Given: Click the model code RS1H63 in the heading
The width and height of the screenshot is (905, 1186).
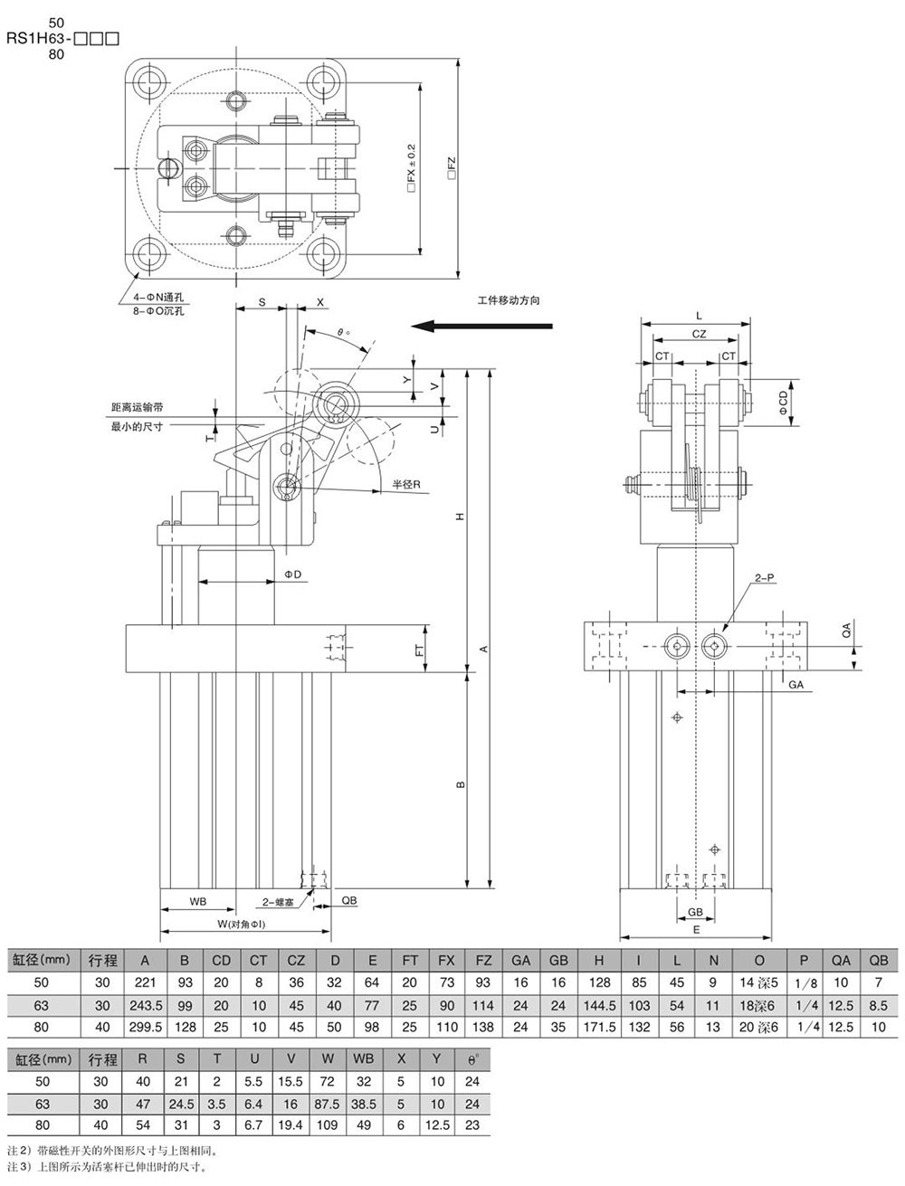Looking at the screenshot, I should pos(45,39).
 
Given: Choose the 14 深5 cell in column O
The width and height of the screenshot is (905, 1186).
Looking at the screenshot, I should pos(758,983).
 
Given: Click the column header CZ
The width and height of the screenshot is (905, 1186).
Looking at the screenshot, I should pos(296,961).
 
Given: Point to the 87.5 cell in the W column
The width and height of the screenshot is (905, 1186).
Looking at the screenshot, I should pos(329,1105).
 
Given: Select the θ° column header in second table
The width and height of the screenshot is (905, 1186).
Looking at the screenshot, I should pos(472,1059).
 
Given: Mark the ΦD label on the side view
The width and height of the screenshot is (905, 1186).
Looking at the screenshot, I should pos(291,574).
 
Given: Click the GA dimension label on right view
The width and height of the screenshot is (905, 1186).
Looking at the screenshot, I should pos(795,686).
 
